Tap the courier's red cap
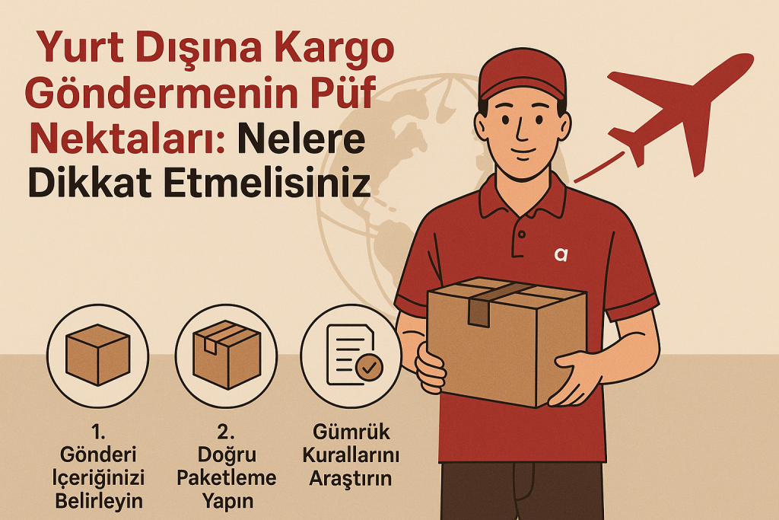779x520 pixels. click(522, 75)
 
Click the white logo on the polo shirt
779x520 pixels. click(561, 254)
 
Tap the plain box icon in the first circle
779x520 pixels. click(98, 355)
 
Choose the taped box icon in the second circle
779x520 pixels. click(227, 354)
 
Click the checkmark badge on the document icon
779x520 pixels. click(369, 368)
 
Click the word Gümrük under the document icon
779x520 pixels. click(351, 432)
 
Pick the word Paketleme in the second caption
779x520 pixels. click(227, 477)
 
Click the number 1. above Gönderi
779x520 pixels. click(98, 432)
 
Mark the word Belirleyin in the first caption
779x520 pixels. click(99, 501)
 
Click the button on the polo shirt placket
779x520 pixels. click(522, 234)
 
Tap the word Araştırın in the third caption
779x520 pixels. click(351, 479)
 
